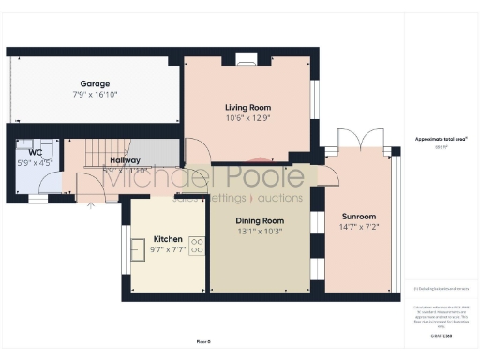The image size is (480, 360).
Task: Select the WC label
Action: pyautogui.click(x=35, y=151)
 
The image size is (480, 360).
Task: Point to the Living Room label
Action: pyautogui.click(x=247, y=108)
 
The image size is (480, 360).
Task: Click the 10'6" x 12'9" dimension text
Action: pyautogui.click(x=247, y=118)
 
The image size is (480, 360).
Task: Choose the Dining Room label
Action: pyautogui.click(x=259, y=220)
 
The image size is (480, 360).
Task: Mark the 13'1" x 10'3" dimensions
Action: pyautogui.click(x=259, y=231)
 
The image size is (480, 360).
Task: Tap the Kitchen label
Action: pyautogui.click(x=168, y=239)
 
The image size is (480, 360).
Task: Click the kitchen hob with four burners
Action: pyautogui.click(x=198, y=247)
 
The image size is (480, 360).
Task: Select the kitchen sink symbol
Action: pyautogui.click(x=137, y=247)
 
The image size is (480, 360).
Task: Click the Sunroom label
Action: pyautogui.click(x=361, y=217)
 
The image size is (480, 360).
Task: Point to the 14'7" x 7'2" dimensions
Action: pyautogui.click(x=361, y=227)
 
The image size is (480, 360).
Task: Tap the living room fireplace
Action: pyautogui.click(x=246, y=60)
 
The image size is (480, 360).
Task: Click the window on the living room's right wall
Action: pyautogui.click(x=315, y=98)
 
